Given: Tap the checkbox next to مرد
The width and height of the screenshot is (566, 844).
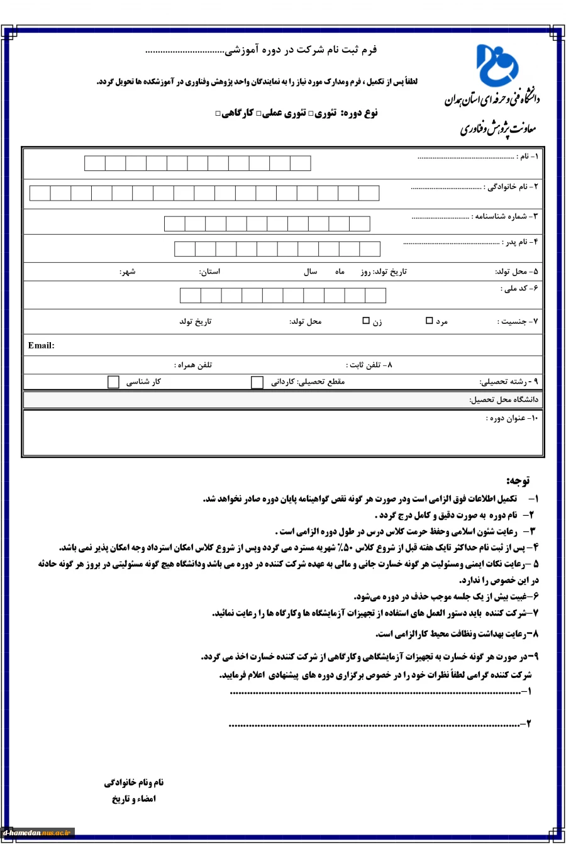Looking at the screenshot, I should coord(430,321).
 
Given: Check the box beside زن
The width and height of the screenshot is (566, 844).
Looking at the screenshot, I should coord(366,321).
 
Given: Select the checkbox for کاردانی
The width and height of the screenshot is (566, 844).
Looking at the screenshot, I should coord(257,382).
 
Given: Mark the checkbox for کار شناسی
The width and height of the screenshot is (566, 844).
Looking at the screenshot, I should coord(113,382).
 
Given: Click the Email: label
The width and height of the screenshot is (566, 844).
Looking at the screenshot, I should coord(42,345).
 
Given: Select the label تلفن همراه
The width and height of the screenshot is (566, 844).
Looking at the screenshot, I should coord(193,365).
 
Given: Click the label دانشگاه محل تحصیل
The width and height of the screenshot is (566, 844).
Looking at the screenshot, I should coord(504,399).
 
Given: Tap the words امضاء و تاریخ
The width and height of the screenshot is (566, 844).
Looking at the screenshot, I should coord(134,799).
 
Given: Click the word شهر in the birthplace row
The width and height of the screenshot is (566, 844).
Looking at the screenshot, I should coord(128,272).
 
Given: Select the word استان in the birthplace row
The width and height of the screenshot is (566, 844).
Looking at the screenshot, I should coord(209,272).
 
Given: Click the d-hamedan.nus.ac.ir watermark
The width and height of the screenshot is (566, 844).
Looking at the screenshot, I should coord(38,833).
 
